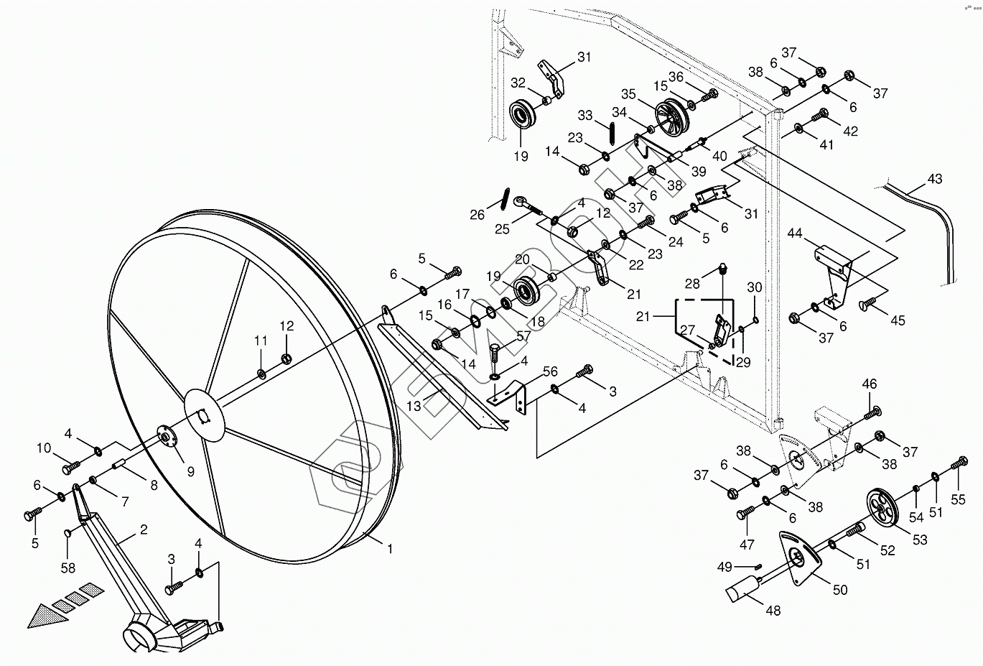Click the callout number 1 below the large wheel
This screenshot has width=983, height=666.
(390, 549)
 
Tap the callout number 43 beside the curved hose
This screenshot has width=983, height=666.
(935, 179)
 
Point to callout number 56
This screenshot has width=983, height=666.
(550, 371)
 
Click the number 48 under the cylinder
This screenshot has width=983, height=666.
(773, 611)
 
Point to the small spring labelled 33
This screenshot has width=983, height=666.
(611, 134)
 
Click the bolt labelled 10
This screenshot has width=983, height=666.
(72, 468)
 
